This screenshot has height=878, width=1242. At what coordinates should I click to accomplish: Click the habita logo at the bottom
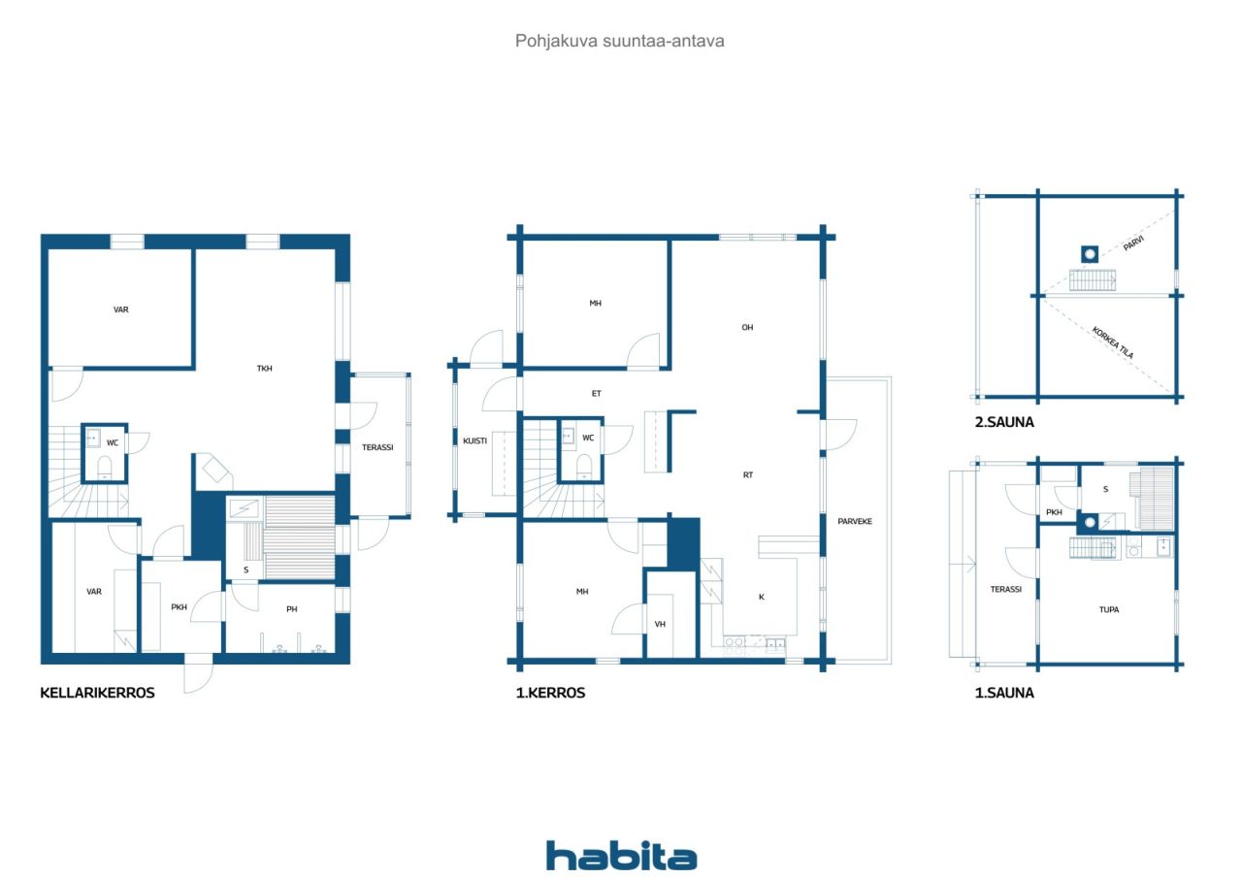[x=621, y=856]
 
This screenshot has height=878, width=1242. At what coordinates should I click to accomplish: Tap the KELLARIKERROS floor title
[x=97, y=693]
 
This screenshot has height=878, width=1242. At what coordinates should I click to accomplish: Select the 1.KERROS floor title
[x=550, y=693]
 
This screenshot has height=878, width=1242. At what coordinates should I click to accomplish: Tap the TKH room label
[x=264, y=369]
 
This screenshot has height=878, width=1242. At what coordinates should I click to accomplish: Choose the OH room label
[x=747, y=328]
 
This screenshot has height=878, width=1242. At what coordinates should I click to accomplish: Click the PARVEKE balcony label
[x=855, y=521]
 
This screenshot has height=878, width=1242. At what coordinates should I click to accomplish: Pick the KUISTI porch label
[x=474, y=440]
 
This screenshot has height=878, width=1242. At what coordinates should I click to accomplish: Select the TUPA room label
[x=1108, y=610]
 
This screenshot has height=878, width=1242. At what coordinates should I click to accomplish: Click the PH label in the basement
[x=291, y=609]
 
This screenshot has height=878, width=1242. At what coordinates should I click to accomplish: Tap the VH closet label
[x=660, y=624]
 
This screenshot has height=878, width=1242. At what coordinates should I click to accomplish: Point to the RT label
[x=748, y=475]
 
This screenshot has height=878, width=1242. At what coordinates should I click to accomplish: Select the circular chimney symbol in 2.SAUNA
[x=1091, y=254]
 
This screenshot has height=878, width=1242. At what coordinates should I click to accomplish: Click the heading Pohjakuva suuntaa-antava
[x=620, y=41]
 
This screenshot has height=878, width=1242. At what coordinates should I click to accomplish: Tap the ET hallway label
[x=597, y=394]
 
